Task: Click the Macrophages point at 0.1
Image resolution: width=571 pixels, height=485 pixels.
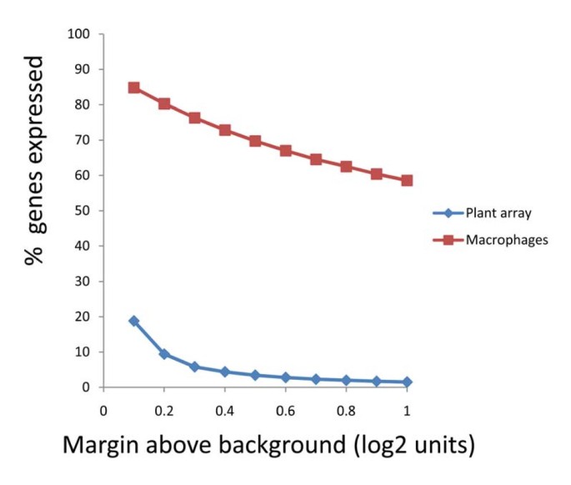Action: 133,88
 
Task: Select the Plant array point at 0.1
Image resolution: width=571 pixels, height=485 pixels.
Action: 133,321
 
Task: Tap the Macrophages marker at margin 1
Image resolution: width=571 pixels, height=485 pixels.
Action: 406,180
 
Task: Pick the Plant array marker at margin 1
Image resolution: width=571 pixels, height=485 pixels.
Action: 406,381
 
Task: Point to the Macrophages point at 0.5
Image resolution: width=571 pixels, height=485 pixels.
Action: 255,141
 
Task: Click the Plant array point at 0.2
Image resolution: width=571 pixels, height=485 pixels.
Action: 164,354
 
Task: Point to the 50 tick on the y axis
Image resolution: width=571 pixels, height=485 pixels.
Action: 84,211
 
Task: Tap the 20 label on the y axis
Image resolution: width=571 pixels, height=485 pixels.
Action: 84,317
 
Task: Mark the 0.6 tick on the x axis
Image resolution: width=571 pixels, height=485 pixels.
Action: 285,411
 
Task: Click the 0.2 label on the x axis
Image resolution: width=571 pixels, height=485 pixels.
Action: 164,411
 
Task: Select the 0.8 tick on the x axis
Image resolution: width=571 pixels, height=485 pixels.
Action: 346,411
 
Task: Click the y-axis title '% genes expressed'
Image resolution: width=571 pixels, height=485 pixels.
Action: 34,160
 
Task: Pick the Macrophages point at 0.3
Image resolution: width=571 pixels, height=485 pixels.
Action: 194,118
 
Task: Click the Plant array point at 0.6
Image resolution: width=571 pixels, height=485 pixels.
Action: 285,377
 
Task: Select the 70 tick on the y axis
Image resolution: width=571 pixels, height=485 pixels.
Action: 84,140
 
